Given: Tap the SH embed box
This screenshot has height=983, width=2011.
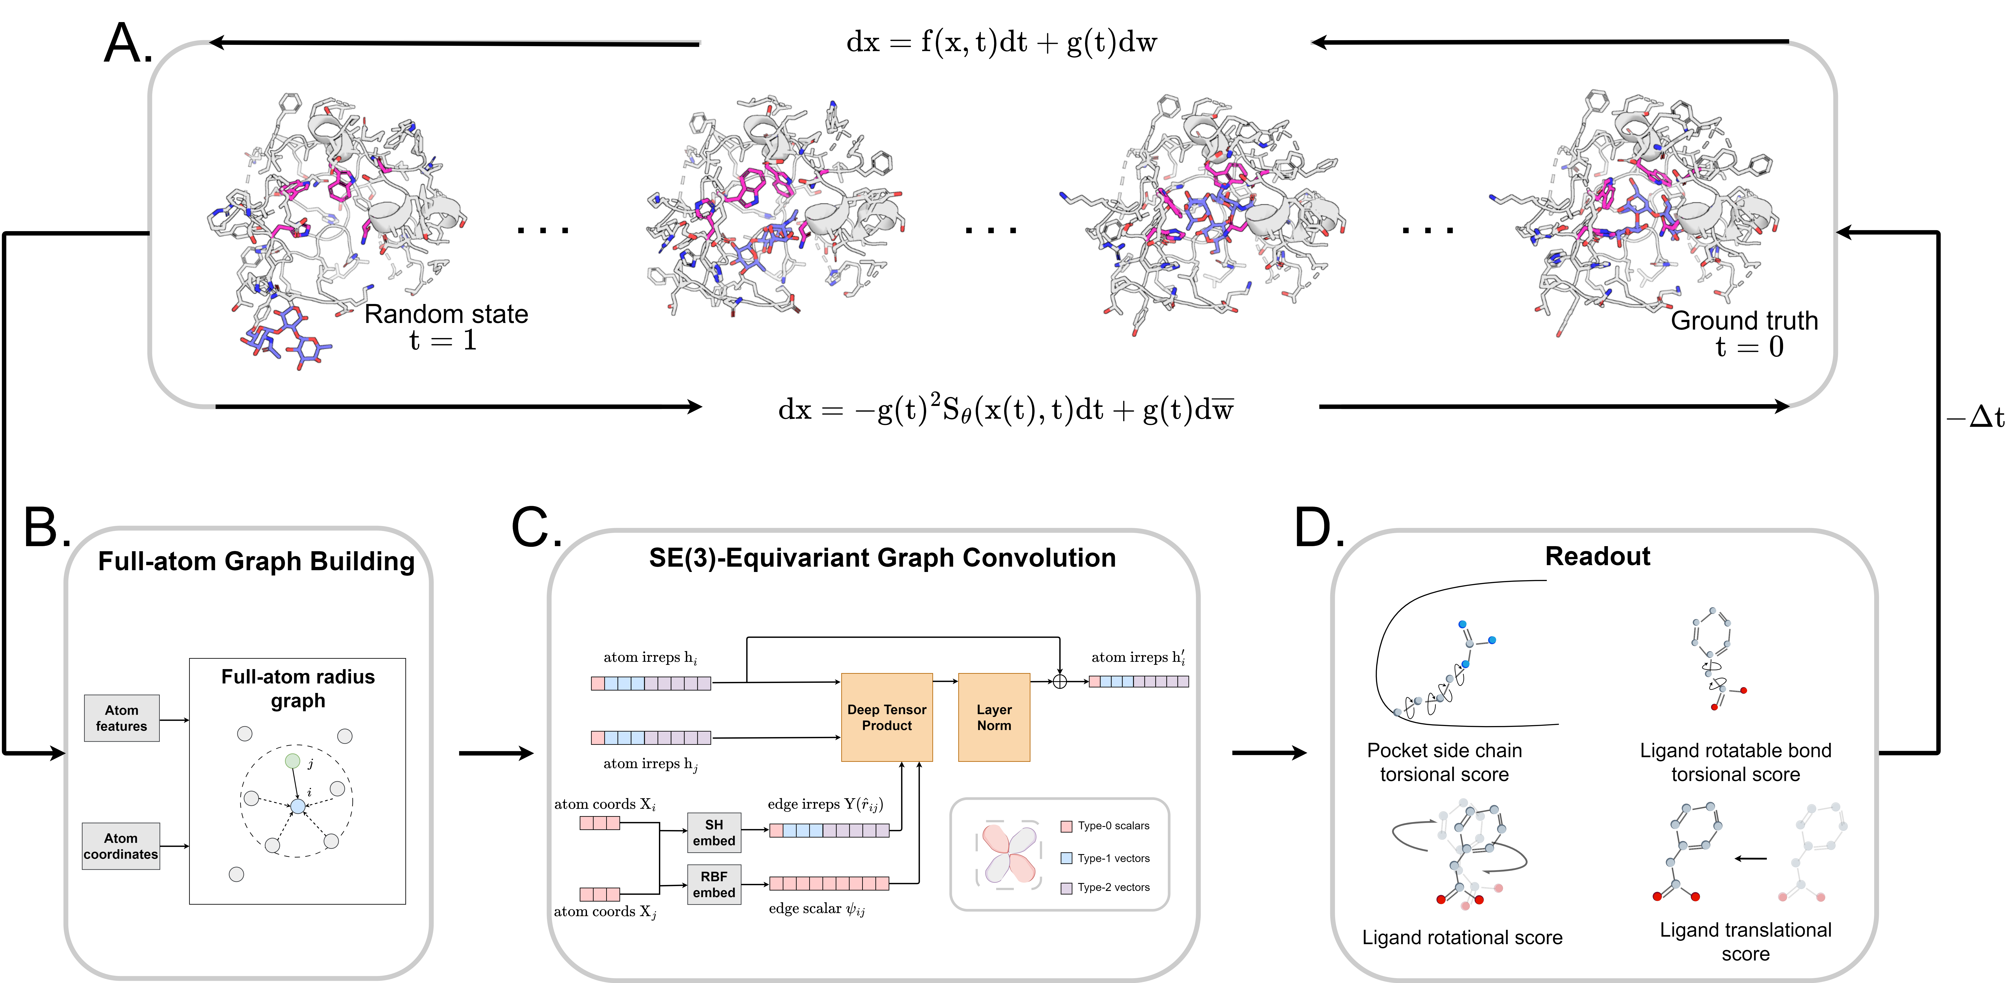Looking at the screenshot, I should [713, 832].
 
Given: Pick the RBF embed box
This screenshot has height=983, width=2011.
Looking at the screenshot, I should [713, 884].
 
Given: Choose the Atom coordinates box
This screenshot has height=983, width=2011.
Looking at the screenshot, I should [121, 845].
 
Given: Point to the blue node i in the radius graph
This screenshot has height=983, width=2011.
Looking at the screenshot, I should [297, 806].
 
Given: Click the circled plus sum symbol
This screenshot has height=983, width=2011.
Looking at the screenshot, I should [1059, 682].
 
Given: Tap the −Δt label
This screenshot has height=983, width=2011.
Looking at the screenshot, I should [1975, 418].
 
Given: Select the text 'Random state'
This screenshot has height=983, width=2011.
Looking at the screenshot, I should [446, 314].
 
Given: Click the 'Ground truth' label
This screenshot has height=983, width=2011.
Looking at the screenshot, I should [1744, 320].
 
